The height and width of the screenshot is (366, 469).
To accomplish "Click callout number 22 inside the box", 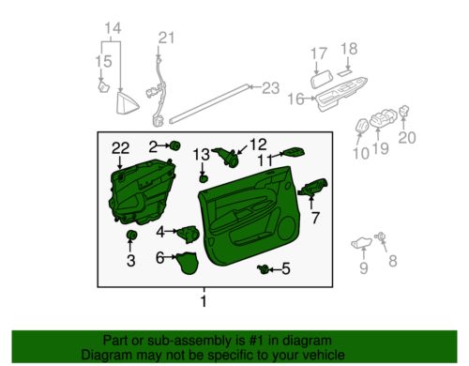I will click(120, 147).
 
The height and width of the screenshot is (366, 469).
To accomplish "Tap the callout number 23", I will click(270, 88).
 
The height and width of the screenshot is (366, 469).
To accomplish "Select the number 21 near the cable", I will click(166, 38).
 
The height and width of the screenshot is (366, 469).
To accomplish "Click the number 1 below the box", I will click(202, 302).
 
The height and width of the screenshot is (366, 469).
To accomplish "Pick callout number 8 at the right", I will click(393, 262).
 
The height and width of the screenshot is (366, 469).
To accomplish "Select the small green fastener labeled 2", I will click(175, 146).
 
